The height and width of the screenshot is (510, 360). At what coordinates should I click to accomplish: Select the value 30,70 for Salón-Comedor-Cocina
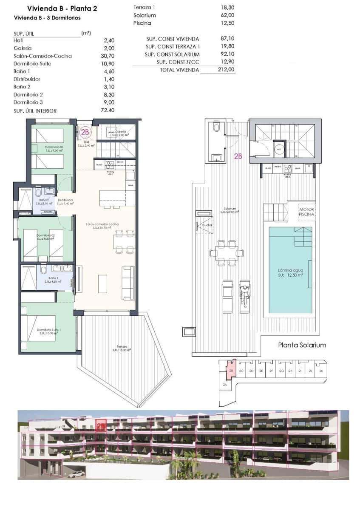109,56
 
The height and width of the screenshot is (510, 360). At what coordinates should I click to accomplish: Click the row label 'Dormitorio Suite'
34,64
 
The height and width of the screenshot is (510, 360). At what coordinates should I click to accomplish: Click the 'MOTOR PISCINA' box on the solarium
306,212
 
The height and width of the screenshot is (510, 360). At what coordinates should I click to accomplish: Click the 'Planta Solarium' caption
302,345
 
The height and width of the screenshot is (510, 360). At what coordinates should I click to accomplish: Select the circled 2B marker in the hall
85,132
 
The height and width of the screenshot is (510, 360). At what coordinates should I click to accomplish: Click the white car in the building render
75,474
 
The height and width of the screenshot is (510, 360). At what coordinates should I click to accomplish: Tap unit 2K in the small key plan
321,371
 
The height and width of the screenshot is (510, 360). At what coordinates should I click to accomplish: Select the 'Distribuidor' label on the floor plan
66,200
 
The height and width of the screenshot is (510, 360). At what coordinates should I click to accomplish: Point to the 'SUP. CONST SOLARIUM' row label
172,54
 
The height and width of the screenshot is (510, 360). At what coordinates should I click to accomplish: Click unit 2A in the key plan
224,384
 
